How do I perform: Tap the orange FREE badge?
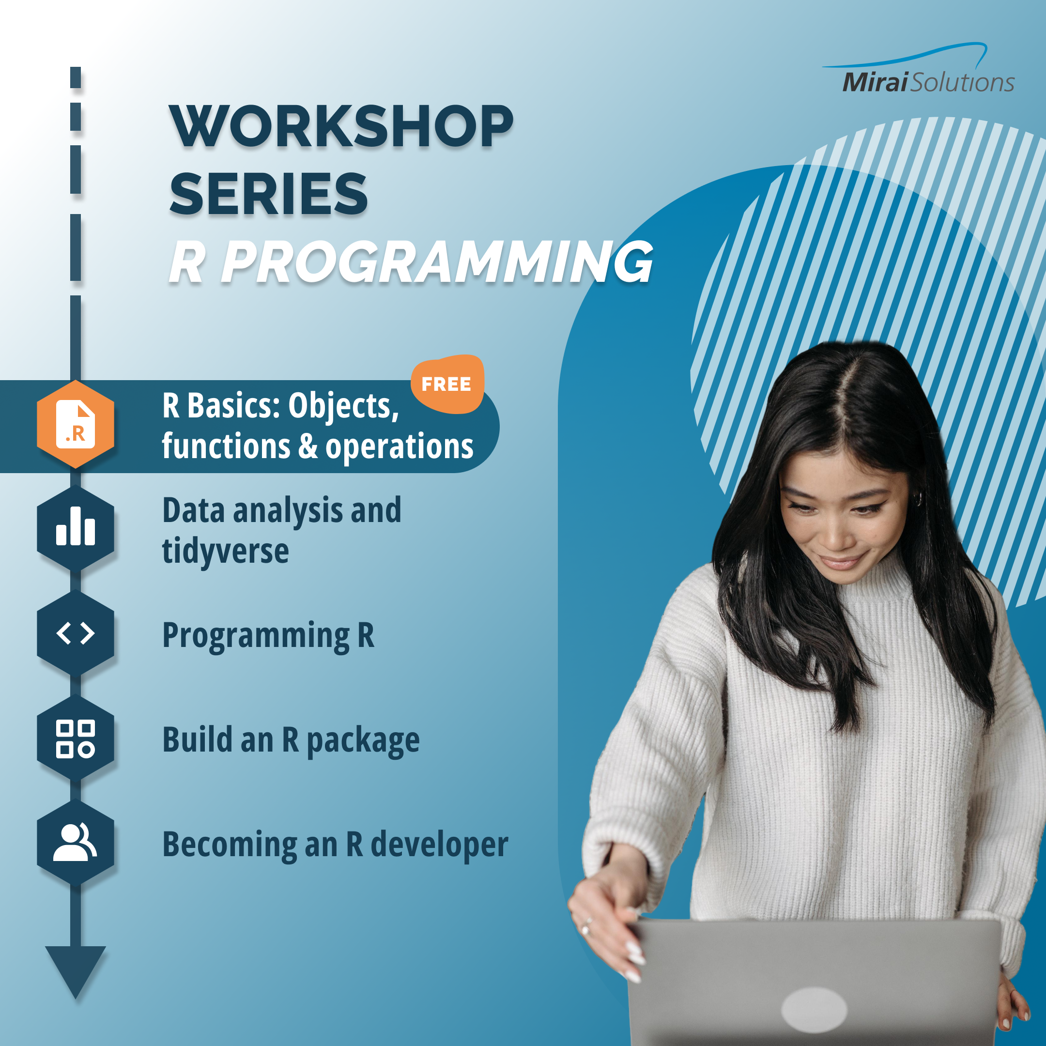447,384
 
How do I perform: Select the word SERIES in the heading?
269,194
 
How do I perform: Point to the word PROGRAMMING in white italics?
437,262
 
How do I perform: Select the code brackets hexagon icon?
75,633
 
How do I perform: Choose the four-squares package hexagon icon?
75,738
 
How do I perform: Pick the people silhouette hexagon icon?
75,843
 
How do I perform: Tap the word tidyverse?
225,552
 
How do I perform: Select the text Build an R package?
291,740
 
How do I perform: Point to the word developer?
439,845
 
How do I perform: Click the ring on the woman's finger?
587,925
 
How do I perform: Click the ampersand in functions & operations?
308,446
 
